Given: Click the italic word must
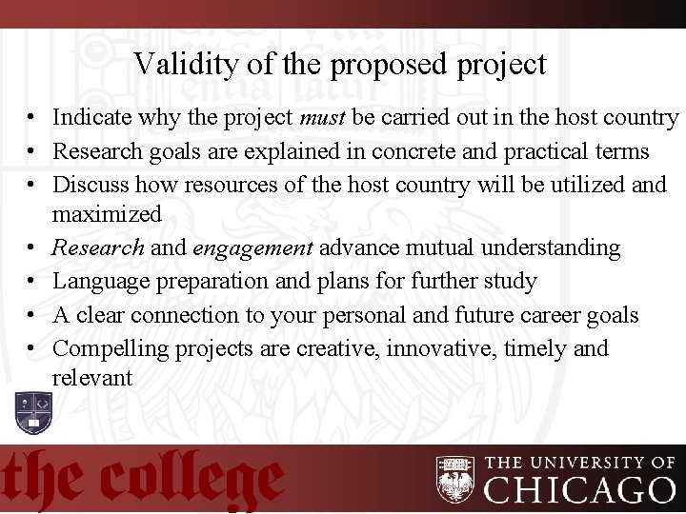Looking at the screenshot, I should [x=322, y=118].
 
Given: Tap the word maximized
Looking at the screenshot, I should [x=107, y=214].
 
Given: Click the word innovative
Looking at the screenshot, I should [x=441, y=348].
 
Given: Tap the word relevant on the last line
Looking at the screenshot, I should [x=92, y=378].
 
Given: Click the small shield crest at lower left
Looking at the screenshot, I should [x=33, y=410].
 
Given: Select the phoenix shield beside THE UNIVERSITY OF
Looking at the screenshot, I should [x=455, y=480].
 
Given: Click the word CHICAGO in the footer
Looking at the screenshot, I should [x=580, y=490].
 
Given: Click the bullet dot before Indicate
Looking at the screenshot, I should [x=31, y=119].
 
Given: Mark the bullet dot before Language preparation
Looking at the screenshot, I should [x=31, y=283].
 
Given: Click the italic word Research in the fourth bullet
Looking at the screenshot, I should [x=98, y=248].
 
